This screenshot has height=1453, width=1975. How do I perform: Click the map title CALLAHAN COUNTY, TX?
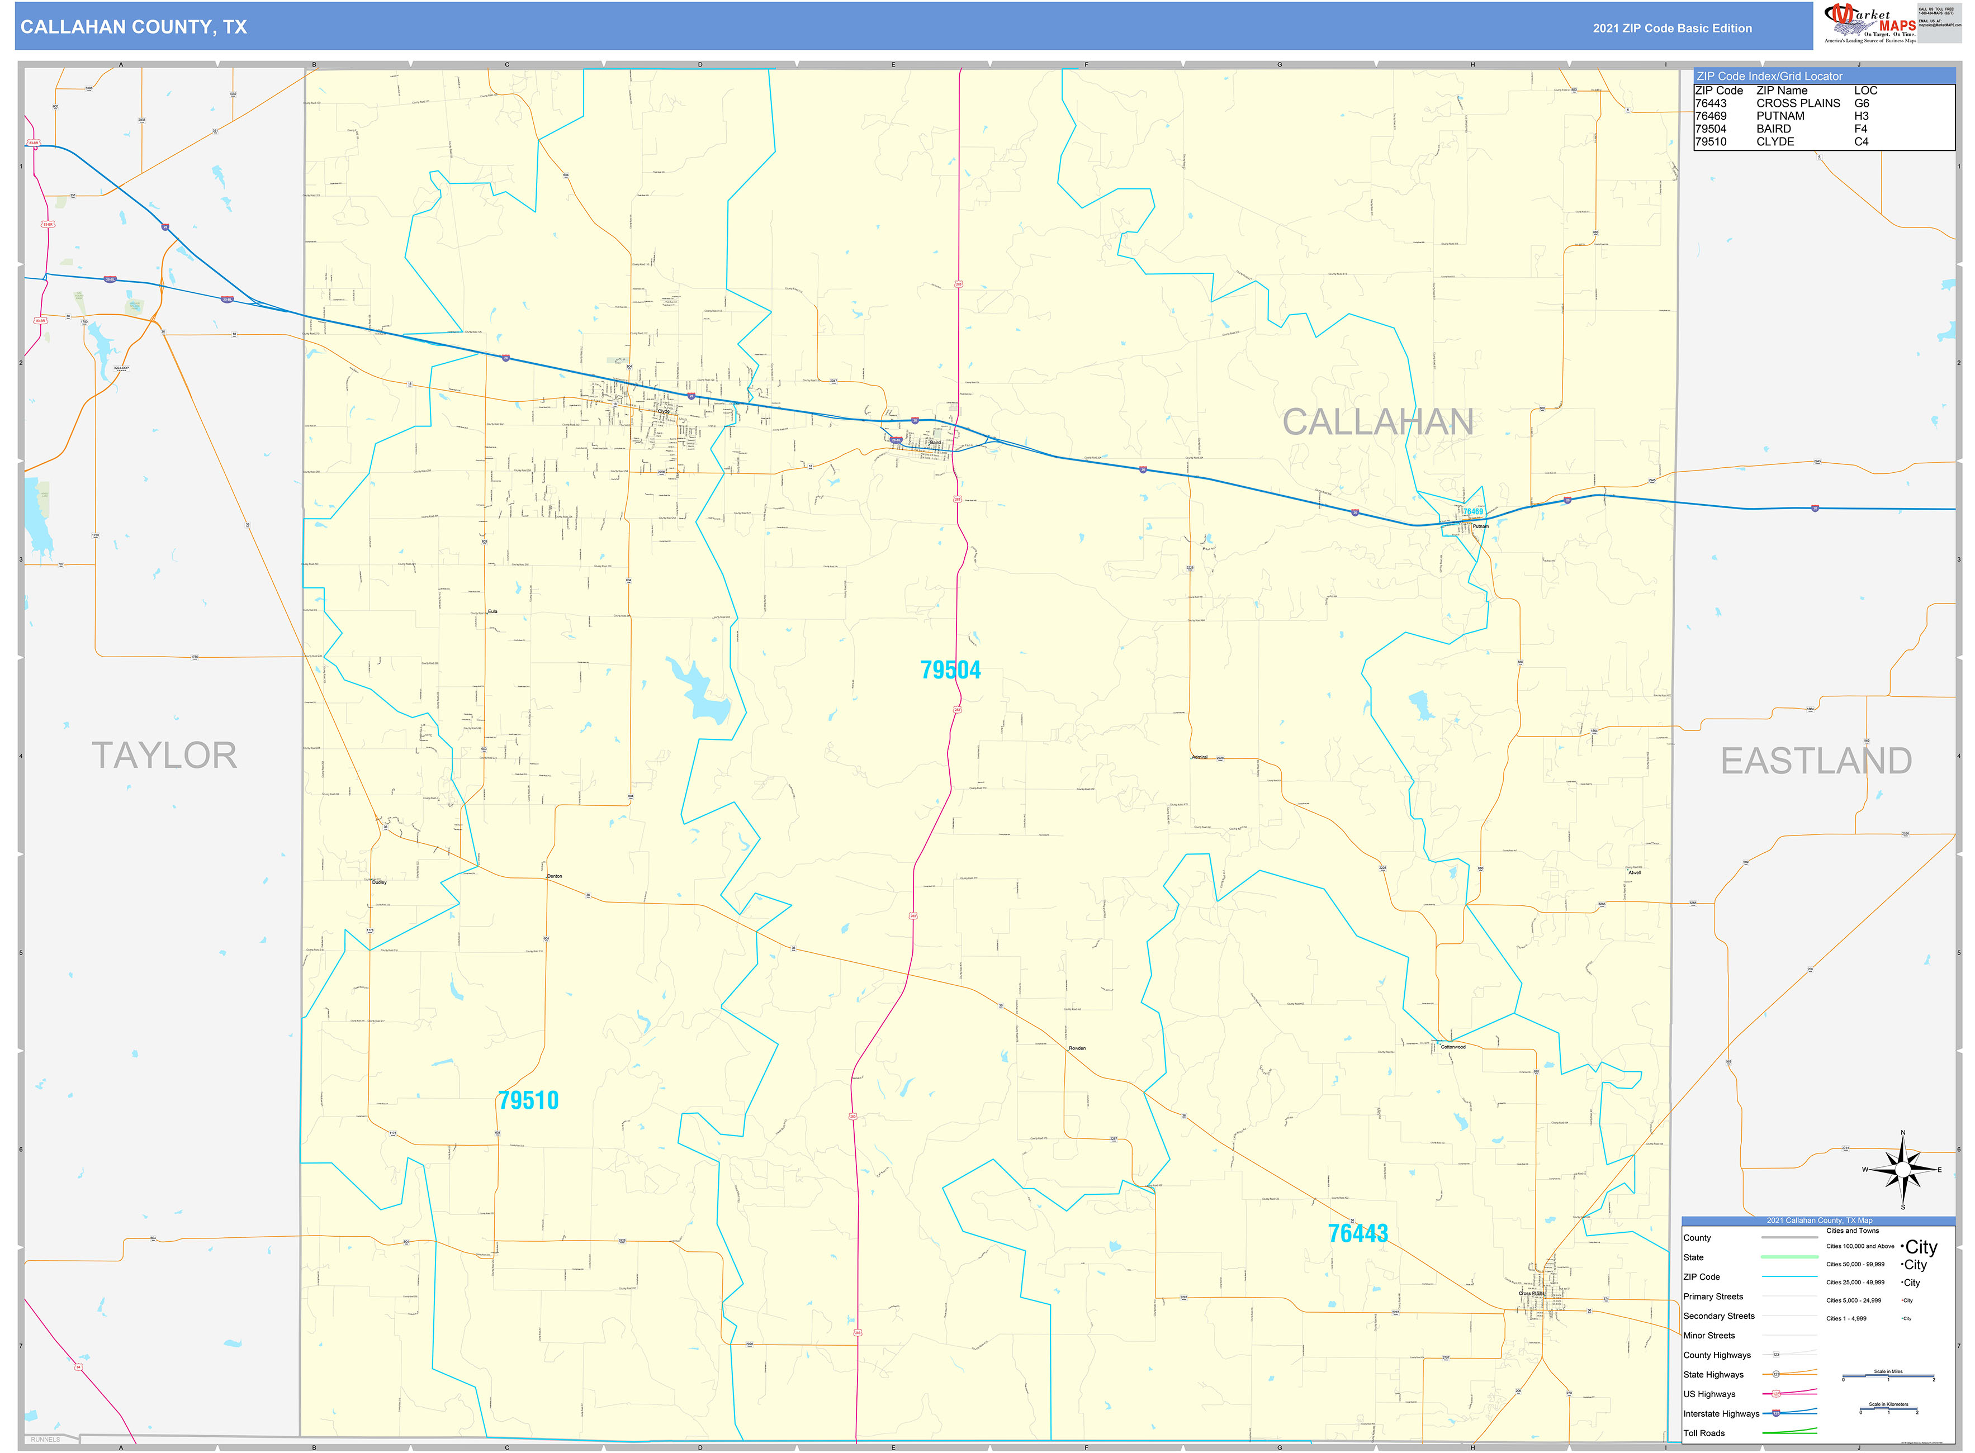pos(134,27)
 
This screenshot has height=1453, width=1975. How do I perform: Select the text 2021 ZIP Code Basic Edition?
pos(1671,28)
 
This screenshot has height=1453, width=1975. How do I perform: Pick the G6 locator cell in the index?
pos(1862,103)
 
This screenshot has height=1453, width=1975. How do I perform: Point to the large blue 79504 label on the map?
pos(950,670)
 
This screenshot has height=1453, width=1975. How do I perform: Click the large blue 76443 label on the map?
pos(1357,1233)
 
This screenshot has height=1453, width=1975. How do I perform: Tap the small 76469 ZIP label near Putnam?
pos(1472,511)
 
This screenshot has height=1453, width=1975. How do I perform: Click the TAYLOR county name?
pos(164,756)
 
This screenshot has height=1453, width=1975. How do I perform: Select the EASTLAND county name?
pos(1816,761)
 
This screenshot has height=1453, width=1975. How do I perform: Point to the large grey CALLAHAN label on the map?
pos(1377,422)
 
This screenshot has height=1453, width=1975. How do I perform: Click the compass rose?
pos(1903,1170)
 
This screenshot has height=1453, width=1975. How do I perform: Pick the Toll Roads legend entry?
pos(1704,1433)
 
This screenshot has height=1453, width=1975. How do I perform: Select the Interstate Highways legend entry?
pos(1721,1413)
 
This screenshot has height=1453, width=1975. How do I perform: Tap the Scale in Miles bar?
pos(1888,1376)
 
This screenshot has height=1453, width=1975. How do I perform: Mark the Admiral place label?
pos(1199,757)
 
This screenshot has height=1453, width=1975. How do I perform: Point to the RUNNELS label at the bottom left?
pos(46,1440)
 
